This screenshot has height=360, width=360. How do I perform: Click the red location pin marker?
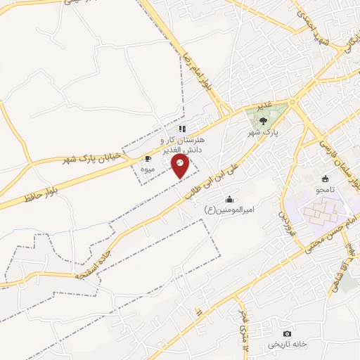(181, 166)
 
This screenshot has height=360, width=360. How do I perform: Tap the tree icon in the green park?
(263, 120)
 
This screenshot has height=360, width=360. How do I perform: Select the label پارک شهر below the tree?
(264, 131)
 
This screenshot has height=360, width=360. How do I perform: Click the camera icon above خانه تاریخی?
(286, 333)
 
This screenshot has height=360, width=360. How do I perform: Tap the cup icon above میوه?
(147, 159)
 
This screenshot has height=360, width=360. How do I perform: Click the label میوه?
(147, 169)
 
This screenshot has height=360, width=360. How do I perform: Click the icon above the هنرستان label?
(182, 129)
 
